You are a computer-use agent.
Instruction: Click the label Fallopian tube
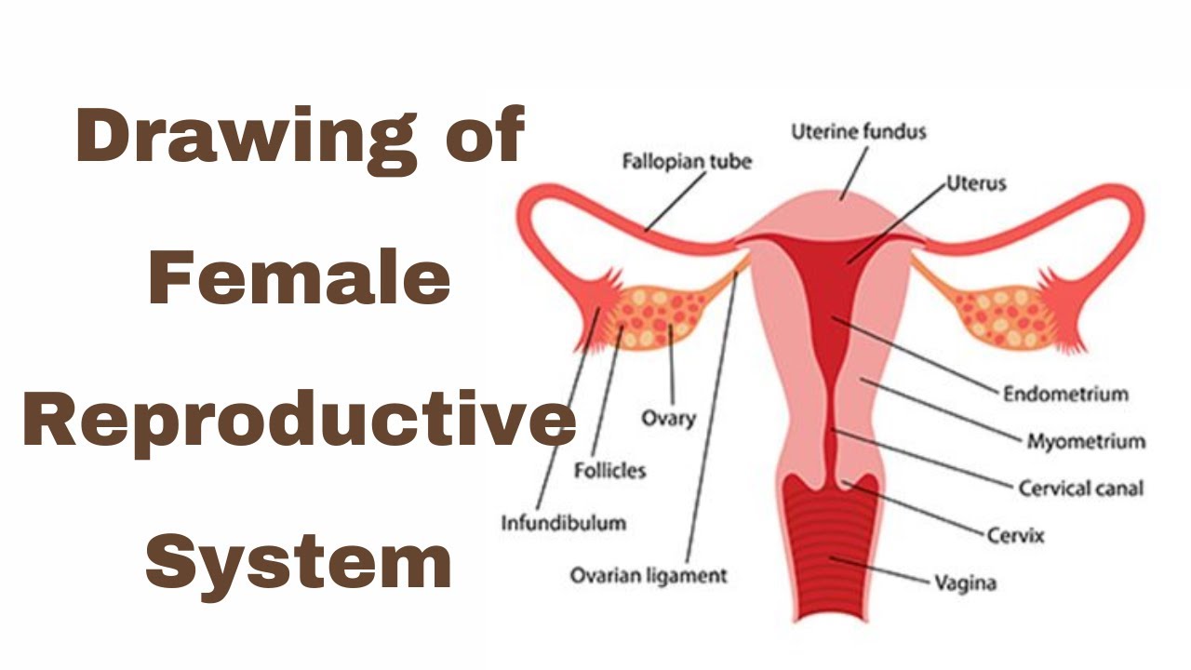687,162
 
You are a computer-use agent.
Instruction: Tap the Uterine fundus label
859,132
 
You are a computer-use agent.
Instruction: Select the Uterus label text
976,183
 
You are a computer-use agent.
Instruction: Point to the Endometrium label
1065,394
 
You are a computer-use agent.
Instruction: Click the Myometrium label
1086,441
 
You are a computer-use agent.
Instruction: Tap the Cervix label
1015,536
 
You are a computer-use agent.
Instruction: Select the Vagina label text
965,584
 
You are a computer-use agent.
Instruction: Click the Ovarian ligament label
649,576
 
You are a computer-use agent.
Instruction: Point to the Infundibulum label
564,522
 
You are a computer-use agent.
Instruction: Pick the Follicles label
609,471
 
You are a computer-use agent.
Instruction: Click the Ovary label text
668,418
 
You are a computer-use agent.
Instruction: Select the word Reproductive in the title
300,421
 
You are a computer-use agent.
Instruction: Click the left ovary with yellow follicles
662,316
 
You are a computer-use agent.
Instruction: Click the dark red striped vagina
828,549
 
